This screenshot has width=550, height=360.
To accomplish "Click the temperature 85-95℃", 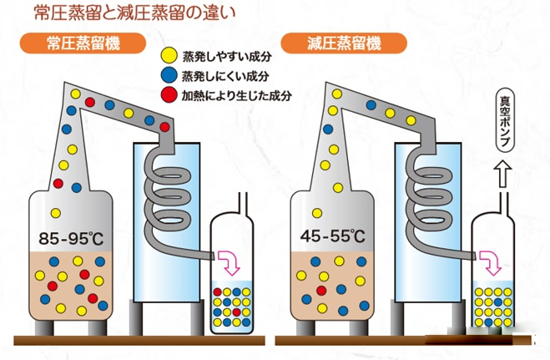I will pos(72,240).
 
